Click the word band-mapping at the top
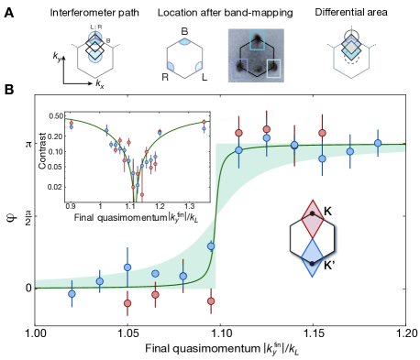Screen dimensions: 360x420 pyautogui.click(x=263, y=13)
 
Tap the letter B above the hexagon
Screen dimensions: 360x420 pyautogui.click(x=185, y=31)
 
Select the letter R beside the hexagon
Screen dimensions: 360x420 pyautogui.click(x=165, y=77)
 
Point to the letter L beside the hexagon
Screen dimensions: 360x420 pyautogui.click(x=204, y=77)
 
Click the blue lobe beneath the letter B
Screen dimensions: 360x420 pyautogui.click(x=185, y=42)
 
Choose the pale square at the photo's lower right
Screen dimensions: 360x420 pyautogui.click(x=273, y=68)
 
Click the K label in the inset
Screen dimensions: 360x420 pyautogui.click(x=327, y=213)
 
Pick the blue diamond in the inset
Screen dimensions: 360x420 pyautogui.click(x=313, y=257)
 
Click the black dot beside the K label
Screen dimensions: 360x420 pyautogui.click(x=313, y=213)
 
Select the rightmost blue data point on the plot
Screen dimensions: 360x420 pyautogui.click(x=378, y=143)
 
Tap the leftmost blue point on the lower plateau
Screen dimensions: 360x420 pyautogui.click(x=72, y=293)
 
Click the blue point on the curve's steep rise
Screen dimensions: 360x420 pyautogui.click(x=211, y=245)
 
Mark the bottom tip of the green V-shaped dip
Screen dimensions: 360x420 pyautogui.click(x=136, y=198)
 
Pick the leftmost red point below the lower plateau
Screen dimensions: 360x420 pyautogui.click(x=127, y=302)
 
